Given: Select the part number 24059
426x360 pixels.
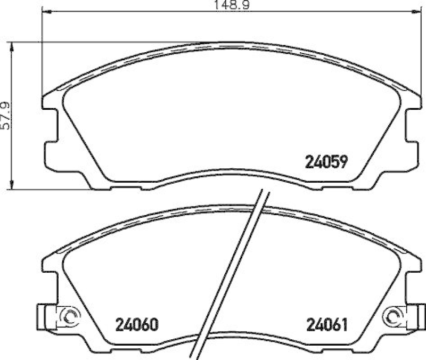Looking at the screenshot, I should tap(325, 161).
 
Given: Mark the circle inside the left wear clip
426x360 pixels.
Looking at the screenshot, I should tap(68, 316).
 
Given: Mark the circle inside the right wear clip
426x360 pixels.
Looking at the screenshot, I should tap(395, 316).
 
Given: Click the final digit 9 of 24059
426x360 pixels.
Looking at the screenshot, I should tap(344, 161).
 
